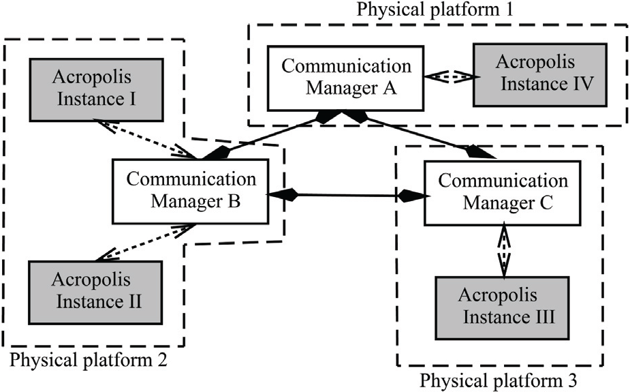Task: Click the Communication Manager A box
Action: click(345, 78)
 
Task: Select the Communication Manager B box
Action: click(190, 192)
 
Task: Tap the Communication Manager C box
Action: click(503, 193)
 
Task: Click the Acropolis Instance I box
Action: click(97, 90)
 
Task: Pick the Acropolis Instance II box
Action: click(95, 292)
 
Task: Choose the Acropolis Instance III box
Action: click(503, 308)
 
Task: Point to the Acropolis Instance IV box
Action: click(540, 75)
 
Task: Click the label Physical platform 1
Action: click(435, 10)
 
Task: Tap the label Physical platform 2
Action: click(88, 360)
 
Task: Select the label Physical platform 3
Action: click(499, 380)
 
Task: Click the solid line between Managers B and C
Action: click(348, 196)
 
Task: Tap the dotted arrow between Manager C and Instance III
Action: click(503, 250)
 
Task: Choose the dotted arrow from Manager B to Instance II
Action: click(146, 243)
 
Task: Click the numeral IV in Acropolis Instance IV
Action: click(583, 85)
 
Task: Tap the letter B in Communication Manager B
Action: click(234, 201)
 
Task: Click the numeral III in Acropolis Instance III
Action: click(542, 317)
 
